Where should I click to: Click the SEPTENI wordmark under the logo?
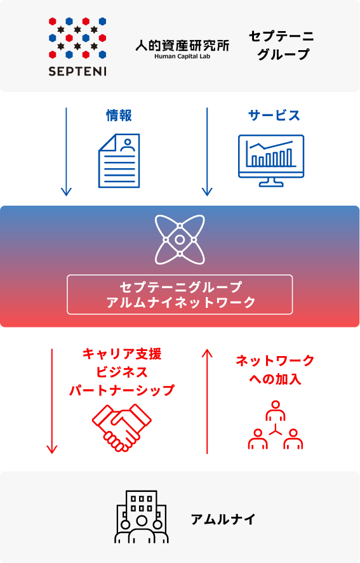[77, 71]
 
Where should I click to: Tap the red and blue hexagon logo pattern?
[77, 37]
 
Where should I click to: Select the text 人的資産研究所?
[182, 46]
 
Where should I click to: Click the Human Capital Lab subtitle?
[182, 56]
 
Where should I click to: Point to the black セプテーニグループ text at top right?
[281, 45]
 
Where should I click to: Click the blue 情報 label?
[119, 116]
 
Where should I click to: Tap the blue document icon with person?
[119, 161]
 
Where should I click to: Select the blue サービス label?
[274, 116]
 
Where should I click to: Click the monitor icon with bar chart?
[271, 161]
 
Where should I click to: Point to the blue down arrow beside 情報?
[66, 152]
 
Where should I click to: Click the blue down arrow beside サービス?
[207, 152]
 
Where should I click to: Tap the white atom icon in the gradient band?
[180, 239]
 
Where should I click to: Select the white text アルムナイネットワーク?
[181, 302]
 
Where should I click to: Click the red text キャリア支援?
[122, 354]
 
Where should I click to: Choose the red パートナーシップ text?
[122, 390]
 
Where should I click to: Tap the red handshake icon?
[122, 427]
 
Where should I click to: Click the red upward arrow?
[207, 401]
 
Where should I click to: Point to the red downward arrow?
[52, 401]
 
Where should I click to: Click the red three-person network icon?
[276, 425]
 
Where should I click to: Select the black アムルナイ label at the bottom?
[223, 519]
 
